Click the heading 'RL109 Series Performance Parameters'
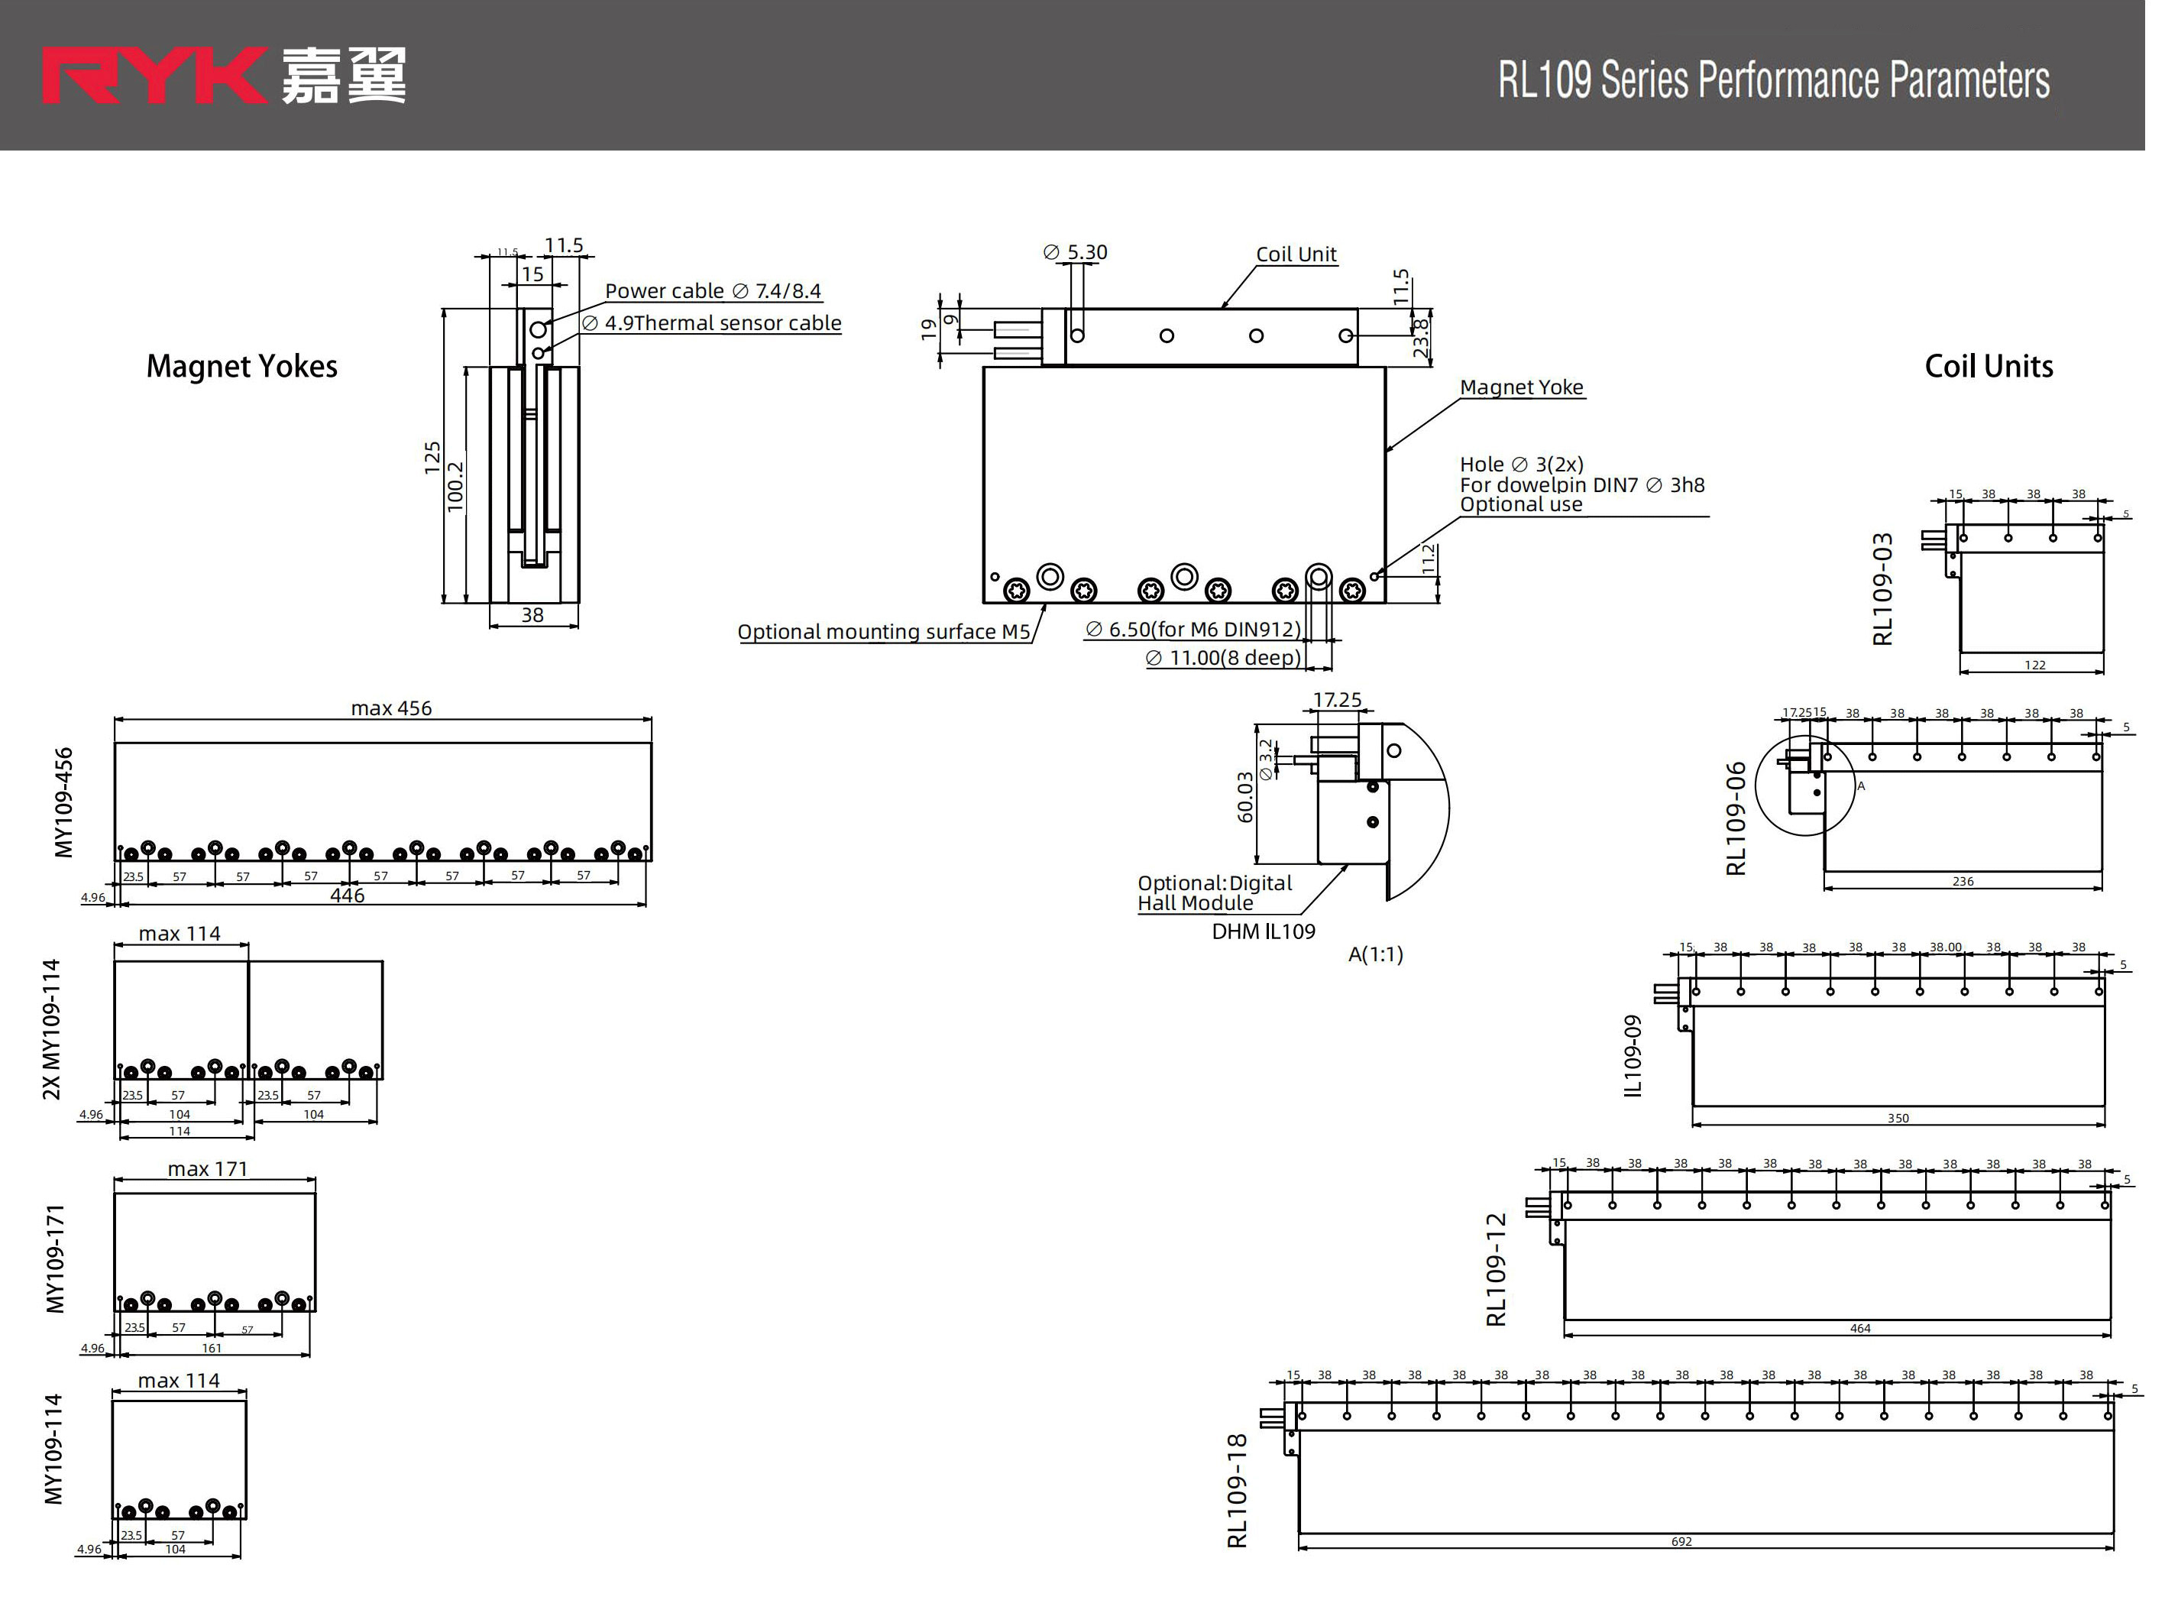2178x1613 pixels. (x=1773, y=80)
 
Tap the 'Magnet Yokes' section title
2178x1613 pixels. (x=241, y=366)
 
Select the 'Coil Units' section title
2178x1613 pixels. (x=1988, y=366)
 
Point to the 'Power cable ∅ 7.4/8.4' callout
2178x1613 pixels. (x=713, y=291)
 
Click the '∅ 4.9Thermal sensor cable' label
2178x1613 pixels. (x=712, y=323)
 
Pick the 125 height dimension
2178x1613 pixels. (x=432, y=457)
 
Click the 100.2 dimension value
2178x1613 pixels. (x=455, y=485)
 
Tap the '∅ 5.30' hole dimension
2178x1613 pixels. (x=1075, y=252)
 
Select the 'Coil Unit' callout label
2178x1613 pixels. (x=1296, y=254)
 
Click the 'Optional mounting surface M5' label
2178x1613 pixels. (x=884, y=632)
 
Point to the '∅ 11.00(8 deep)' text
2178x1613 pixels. (x=1222, y=658)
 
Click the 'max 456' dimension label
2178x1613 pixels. (x=390, y=708)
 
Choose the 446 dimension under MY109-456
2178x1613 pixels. (x=347, y=896)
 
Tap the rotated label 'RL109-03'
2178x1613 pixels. (x=1883, y=589)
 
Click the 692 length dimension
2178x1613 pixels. (x=1681, y=1540)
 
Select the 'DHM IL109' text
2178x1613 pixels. (x=1264, y=931)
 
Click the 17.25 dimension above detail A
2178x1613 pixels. (x=1336, y=699)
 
